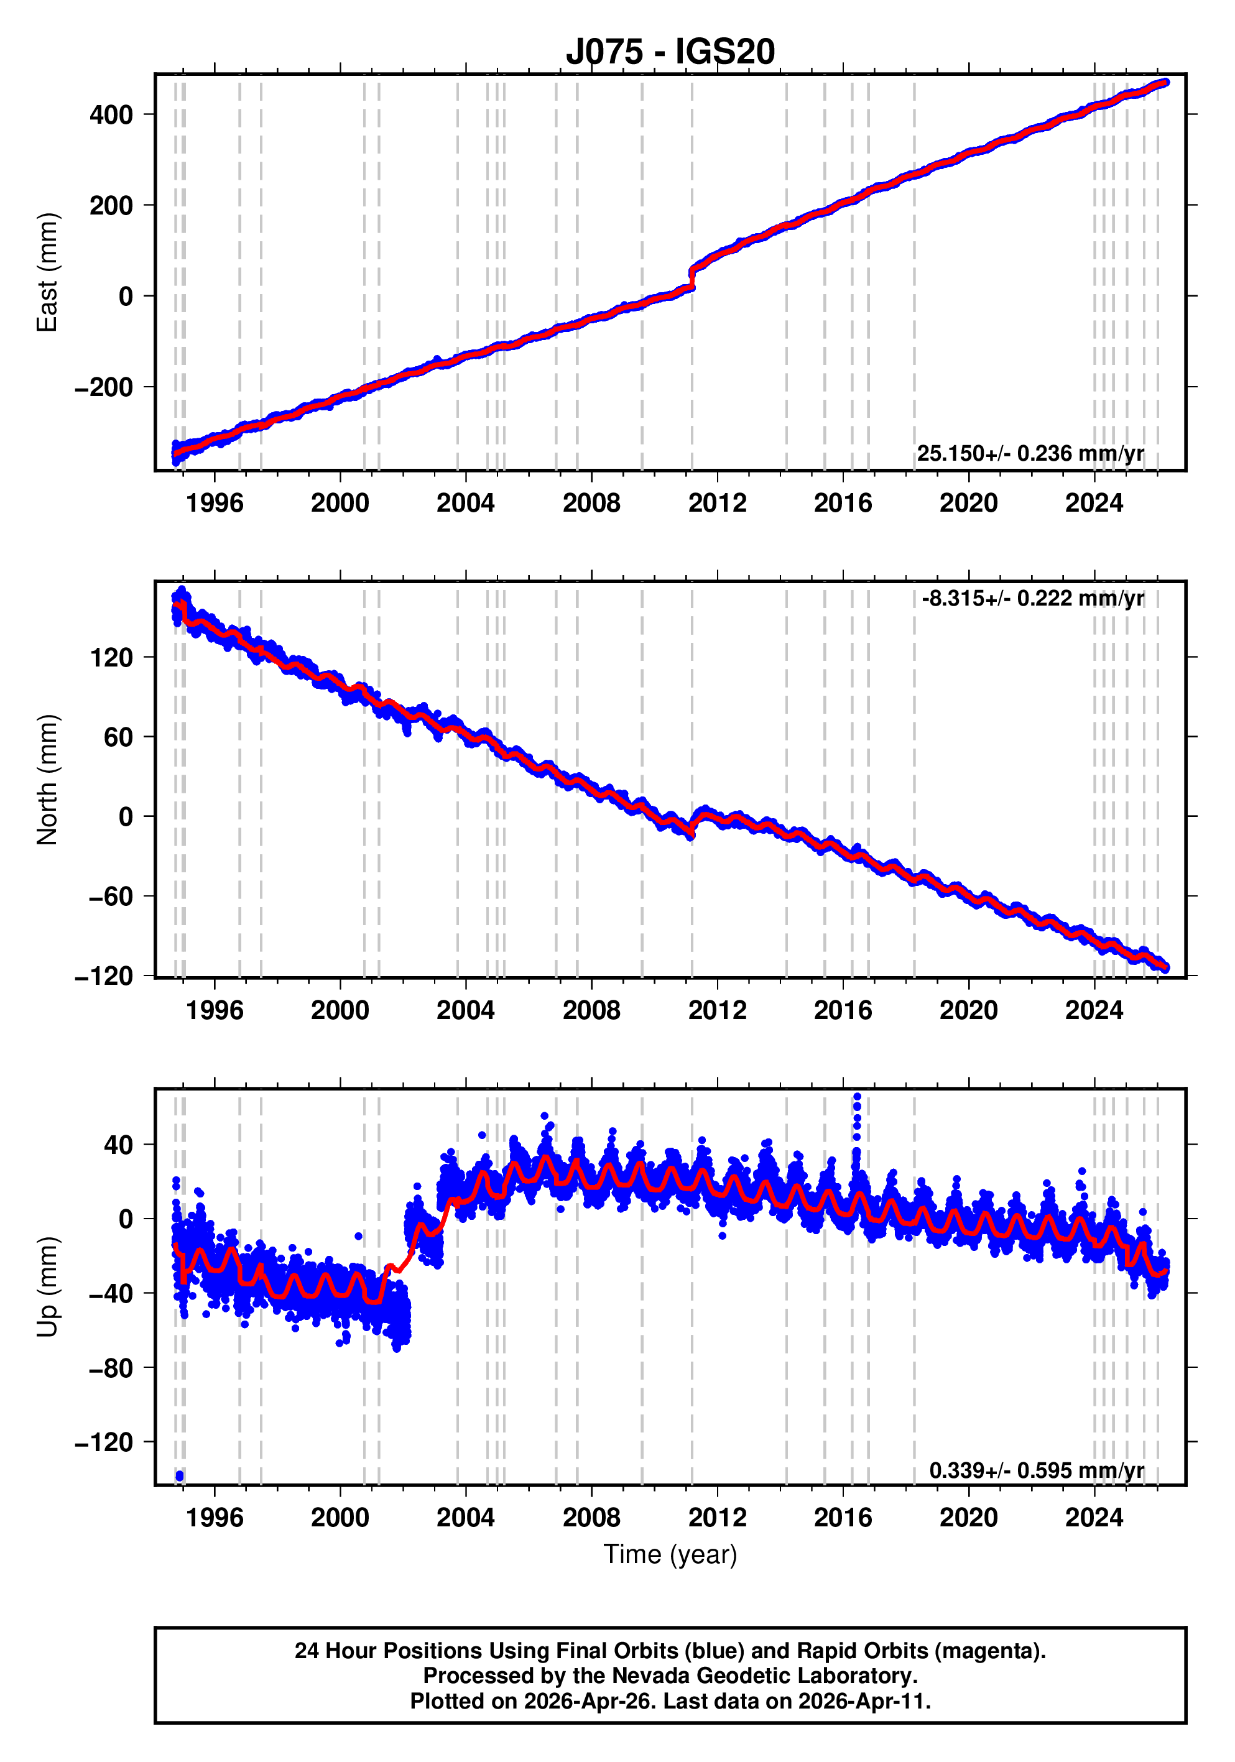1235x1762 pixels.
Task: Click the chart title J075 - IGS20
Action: [670, 52]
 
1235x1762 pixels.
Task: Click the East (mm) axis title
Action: [48, 272]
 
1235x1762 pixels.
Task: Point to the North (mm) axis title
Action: [48, 780]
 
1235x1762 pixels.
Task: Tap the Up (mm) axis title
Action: [48, 1286]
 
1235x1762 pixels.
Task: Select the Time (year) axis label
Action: [670, 1554]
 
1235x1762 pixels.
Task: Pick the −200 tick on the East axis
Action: [104, 387]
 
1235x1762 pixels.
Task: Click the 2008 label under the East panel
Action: [591, 504]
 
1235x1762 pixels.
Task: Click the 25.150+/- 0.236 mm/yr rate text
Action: [1030, 453]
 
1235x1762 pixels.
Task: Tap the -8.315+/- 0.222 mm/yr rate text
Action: [1032, 598]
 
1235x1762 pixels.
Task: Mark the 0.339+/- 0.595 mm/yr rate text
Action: [1036, 1470]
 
